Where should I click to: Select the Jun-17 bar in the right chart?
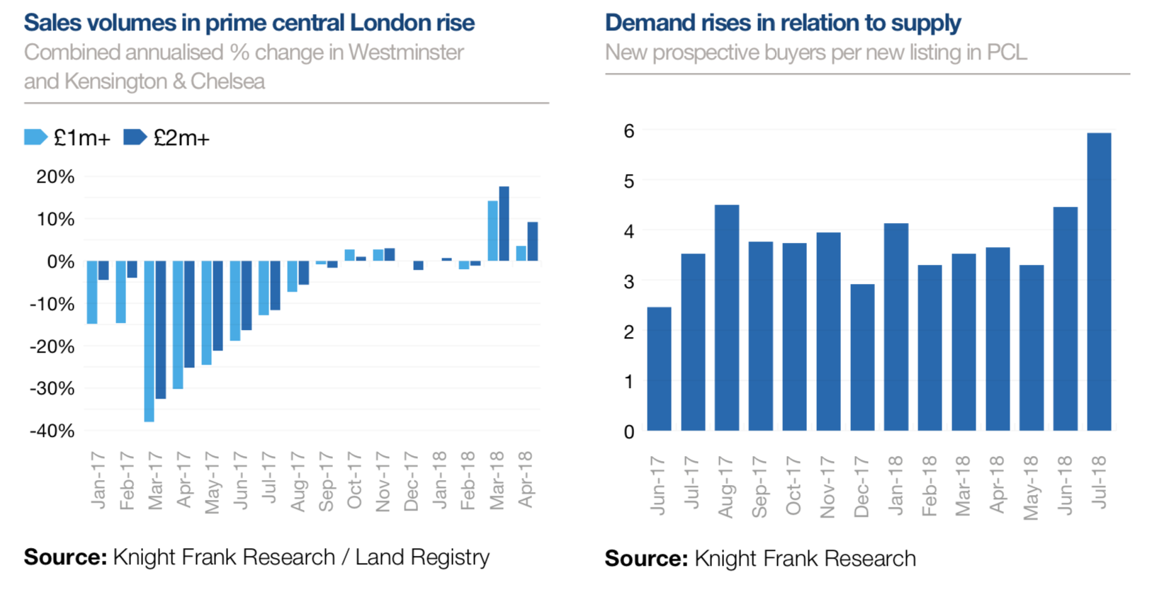point(659,369)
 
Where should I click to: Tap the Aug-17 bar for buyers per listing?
point(727,318)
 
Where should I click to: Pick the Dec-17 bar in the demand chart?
point(862,358)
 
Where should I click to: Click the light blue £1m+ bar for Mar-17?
point(149,341)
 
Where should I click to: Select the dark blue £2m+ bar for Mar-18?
point(504,224)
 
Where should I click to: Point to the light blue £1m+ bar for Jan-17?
point(92,292)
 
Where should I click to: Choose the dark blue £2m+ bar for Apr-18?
point(533,241)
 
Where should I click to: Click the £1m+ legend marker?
point(35,137)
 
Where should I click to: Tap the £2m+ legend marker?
point(135,137)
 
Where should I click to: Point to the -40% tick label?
point(52,431)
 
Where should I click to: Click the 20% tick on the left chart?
point(55,177)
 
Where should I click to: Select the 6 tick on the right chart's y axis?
point(628,131)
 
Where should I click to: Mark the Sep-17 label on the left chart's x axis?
point(326,482)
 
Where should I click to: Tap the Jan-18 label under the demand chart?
point(896,486)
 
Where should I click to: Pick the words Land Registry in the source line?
point(422,557)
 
